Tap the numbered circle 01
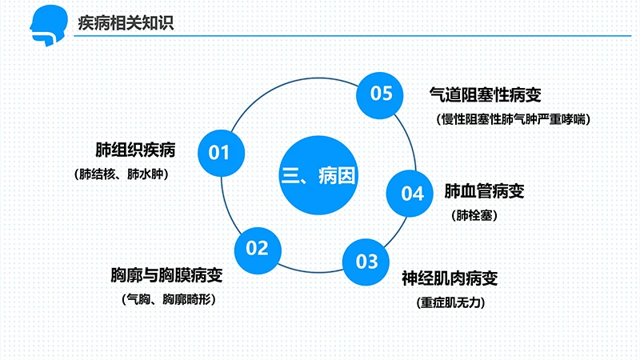pos(219,152)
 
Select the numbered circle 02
pos(257,248)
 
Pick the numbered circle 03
pos(366,261)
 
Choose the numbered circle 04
pos(412,193)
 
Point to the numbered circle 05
pos(382,94)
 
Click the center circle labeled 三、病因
pos(318,175)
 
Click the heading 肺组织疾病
pos(135,150)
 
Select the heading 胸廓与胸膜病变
pos(166,277)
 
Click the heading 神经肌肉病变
pos(450,279)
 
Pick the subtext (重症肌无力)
pos(451,303)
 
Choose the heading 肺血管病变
pos(485,192)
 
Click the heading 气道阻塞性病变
pos(486,95)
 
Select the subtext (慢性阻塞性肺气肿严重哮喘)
pos(514,120)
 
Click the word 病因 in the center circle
pos(336,176)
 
